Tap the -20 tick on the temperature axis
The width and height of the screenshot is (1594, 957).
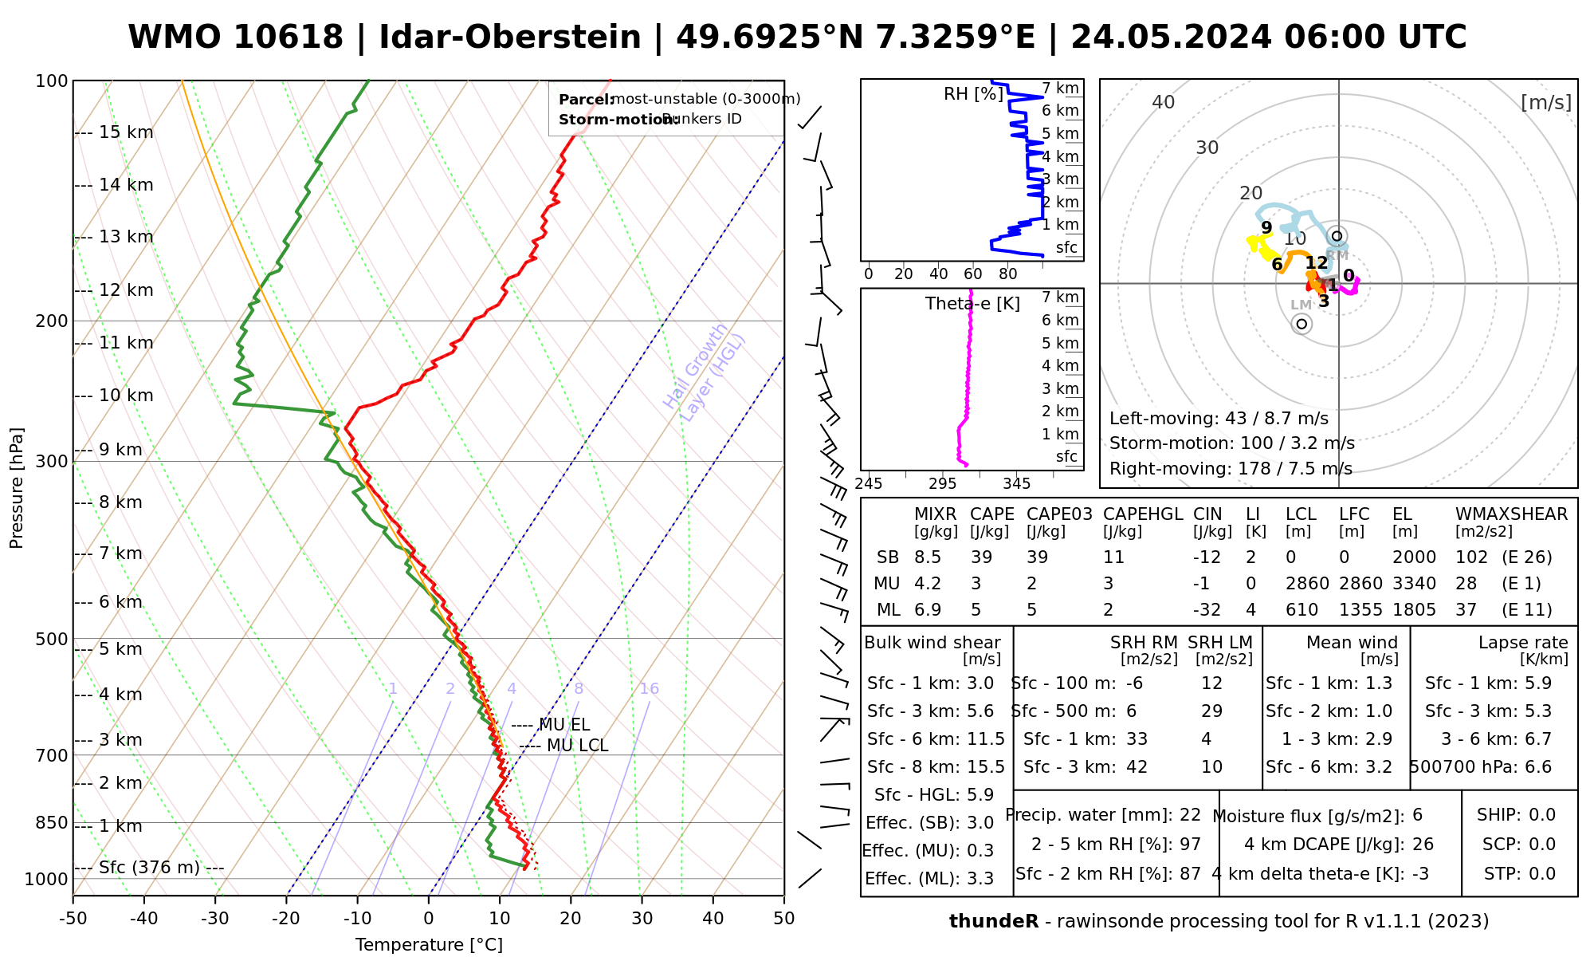click(x=286, y=919)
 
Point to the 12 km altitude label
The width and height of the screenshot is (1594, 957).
click(x=126, y=290)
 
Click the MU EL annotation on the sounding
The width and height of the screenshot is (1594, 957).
click(x=563, y=725)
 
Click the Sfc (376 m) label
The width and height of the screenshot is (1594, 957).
click(x=149, y=868)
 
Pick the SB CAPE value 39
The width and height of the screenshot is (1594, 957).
click(x=981, y=557)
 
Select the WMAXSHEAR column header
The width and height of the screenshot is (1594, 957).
click(x=1511, y=514)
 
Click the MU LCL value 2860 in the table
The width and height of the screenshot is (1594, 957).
click(x=1307, y=584)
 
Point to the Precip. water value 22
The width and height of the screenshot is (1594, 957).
click(x=1190, y=815)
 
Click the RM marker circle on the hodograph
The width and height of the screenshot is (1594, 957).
click(x=1337, y=236)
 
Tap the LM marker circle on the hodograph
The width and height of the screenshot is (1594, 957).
click(x=1302, y=323)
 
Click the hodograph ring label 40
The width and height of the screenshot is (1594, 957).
click(x=1164, y=102)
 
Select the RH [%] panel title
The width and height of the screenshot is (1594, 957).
click(x=973, y=94)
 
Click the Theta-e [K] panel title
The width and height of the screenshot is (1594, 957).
click(x=972, y=304)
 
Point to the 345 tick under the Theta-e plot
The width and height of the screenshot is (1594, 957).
click(x=1016, y=484)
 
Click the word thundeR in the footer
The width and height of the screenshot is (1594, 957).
click(x=993, y=922)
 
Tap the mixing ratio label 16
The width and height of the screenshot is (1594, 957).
click(x=649, y=689)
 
